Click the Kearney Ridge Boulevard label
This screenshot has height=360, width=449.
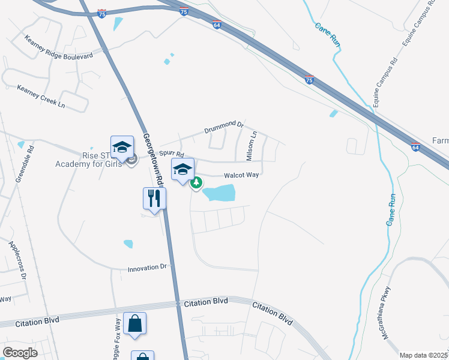pyautogui.click(x=59, y=47)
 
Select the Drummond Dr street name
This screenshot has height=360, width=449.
pyautogui.click(x=223, y=127)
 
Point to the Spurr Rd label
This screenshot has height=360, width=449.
pyautogui.click(x=171, y=155)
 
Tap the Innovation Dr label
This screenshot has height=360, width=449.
pyautogui.click(x=149, y=268)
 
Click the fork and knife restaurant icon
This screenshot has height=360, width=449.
pyautogui.click(x=154, y=198)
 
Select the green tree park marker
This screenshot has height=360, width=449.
pyautogui.click(x=196, y=183)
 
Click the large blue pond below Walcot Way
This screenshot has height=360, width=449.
pyautogui.click(x=219, y=193)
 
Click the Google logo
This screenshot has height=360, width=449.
pyautogui.click(x=20, y=352)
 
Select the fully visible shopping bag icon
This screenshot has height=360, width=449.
pyautogui.click(x=135, y=323)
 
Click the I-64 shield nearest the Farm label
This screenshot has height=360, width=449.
pyautogui.click(x=415, y=146)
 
